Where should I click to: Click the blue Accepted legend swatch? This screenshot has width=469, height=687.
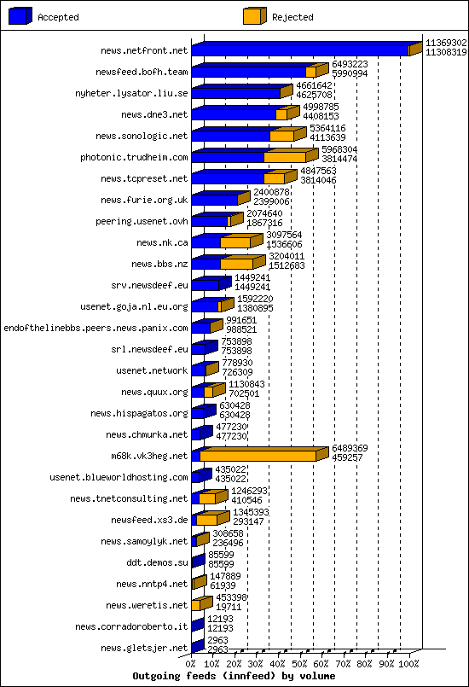pos(20,16)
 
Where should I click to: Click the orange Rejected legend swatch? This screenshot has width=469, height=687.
pos(253,16)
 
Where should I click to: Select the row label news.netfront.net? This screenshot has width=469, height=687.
pos(143,51)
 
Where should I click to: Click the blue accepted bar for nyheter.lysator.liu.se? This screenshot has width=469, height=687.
pos(235,94)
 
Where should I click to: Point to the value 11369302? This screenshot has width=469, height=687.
pos(446,42)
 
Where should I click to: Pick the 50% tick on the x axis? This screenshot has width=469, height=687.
pos(300,663)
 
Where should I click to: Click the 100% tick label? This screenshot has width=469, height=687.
pos(409,663)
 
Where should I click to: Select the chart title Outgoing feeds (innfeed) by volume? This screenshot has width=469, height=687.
pos(234,676)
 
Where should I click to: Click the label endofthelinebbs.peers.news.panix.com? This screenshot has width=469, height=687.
pos(96,328)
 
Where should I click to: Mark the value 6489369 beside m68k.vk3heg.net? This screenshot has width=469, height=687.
pos(350,447)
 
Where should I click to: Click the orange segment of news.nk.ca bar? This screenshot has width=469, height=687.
pos(234,243)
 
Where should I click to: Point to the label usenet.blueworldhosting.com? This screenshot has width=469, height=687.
pos(119,477)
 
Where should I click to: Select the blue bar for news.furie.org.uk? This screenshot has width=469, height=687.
pos(213,201)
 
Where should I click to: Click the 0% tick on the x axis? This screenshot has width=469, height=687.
pos(191,663)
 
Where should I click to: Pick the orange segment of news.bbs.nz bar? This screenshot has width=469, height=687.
pos(235,265)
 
